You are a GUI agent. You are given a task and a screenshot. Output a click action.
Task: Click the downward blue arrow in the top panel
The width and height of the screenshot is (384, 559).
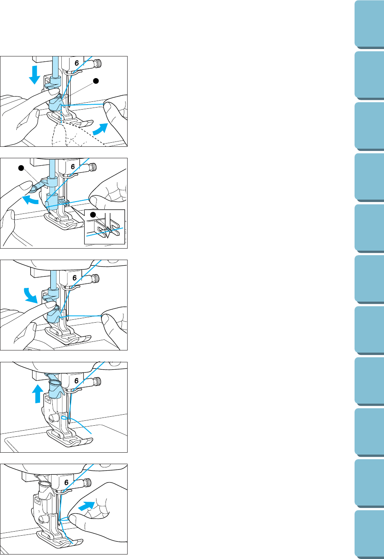[34, 74]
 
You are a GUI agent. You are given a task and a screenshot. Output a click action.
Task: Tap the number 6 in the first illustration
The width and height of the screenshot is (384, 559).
[76, 63]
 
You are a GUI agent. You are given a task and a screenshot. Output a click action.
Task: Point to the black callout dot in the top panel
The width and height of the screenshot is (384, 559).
[96, 81]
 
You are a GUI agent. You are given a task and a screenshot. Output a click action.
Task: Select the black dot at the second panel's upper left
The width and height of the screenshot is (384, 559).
[21, 168]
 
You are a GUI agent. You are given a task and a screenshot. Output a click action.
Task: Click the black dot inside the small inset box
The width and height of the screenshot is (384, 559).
[93, 215]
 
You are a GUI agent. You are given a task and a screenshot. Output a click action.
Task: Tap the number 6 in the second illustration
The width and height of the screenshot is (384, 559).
[73, 166]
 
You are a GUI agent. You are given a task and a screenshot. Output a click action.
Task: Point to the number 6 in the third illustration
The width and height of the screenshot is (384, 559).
[74, 278]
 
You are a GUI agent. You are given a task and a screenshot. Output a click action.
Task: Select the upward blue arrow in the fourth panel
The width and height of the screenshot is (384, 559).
[38, 393]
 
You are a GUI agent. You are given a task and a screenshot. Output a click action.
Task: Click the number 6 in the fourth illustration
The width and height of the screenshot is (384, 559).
[76, 381]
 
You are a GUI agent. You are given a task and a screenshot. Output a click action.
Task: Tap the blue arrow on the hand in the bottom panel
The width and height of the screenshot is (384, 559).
[86, 506]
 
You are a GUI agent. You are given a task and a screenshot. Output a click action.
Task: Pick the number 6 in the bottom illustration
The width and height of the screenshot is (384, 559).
[66, 483]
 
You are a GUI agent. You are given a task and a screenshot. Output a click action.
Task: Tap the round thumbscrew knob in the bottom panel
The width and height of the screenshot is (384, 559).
[88, 483]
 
